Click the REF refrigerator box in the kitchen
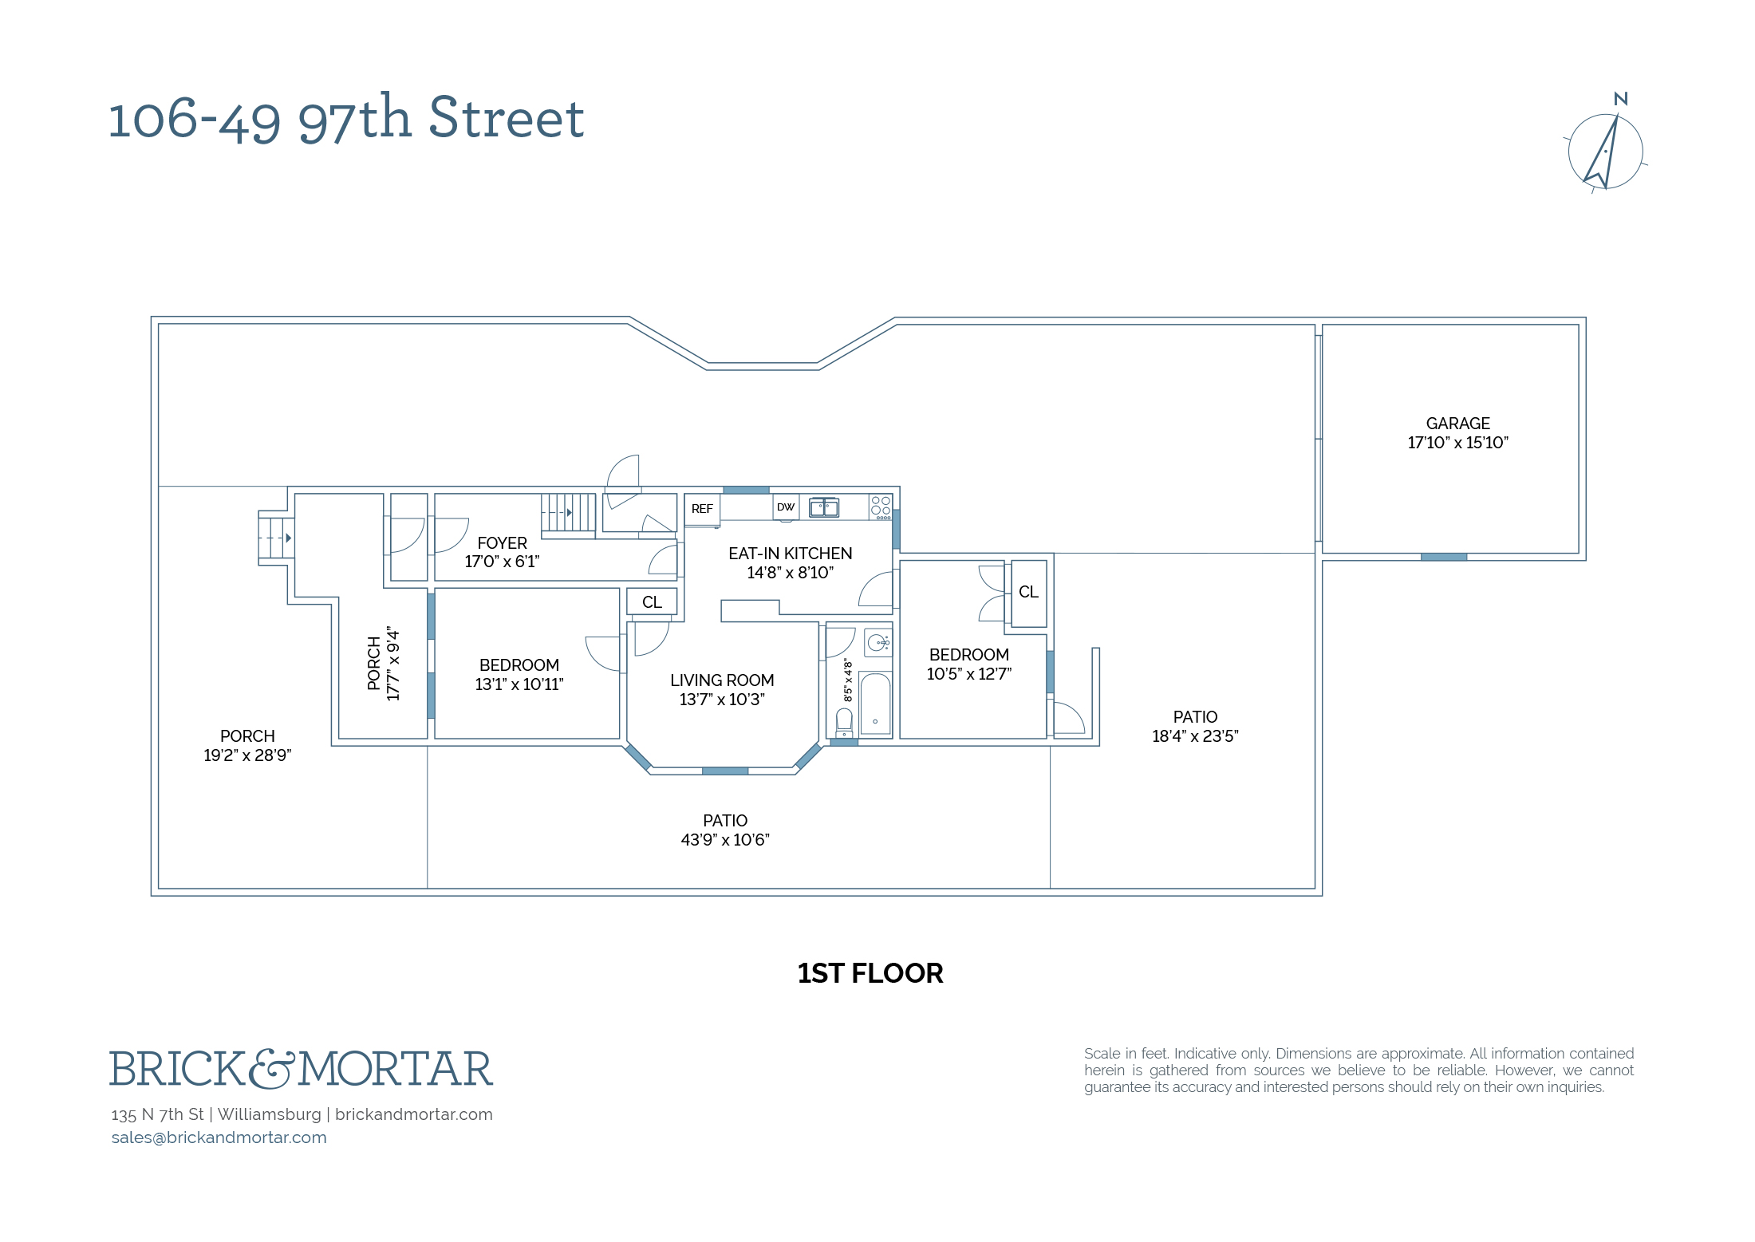tap(702, 509)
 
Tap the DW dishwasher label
tap(786, 507)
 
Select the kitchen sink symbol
tap(824, 507)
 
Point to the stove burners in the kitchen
tap(881, 507)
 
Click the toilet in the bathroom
tap(844, 723)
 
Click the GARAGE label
tap(1457, 424)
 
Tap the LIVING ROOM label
tap(722, 680)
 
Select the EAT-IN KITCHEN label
tap(790, 554)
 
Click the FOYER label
tap(502, 543)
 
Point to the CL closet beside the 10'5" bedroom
tap(1028, 593)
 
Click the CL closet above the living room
tap(652, 602)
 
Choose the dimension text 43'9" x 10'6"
tap(724, 840)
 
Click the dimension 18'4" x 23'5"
tap(1195, 736)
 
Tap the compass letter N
tap(1620, 99)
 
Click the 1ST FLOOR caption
tap(870, 973)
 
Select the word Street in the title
tap(507, 119)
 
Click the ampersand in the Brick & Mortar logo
tap(271, 1069)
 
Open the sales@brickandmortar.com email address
tap(219, 1138)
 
